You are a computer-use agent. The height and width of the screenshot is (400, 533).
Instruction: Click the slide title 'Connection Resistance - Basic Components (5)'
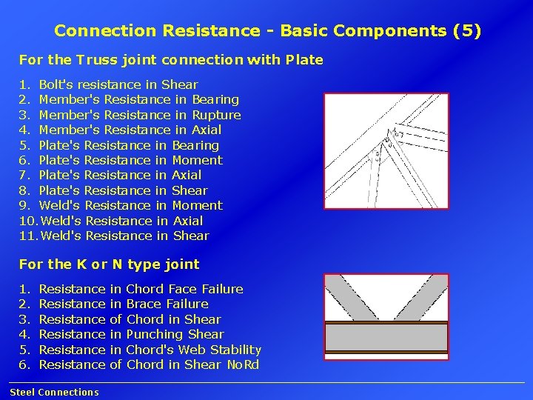coord(267,31)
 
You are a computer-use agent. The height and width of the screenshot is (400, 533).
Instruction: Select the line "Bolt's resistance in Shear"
coord(118,84)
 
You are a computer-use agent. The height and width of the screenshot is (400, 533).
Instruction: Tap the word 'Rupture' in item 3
coord(216,115)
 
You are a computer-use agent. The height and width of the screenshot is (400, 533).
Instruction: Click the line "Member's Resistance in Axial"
coord(130,130)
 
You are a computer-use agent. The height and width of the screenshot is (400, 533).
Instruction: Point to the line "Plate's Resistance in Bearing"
coord(129,145)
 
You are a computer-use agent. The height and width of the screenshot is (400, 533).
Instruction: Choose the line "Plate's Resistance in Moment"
coord(130,160)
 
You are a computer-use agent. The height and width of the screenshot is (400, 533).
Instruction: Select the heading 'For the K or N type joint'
coord(109,264)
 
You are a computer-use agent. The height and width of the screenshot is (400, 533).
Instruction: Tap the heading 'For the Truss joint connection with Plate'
coord(171,59)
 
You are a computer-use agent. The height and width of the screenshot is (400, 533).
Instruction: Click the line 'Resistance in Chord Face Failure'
coord(141,289)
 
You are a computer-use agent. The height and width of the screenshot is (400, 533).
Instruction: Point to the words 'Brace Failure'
coord(167,304)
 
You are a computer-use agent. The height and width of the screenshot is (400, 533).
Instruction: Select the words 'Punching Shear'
coord(175,334)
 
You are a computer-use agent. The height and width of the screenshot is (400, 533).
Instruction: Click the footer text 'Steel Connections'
coord(54,393)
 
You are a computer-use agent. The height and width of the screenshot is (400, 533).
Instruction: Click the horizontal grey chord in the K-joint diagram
coord(386,336)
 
